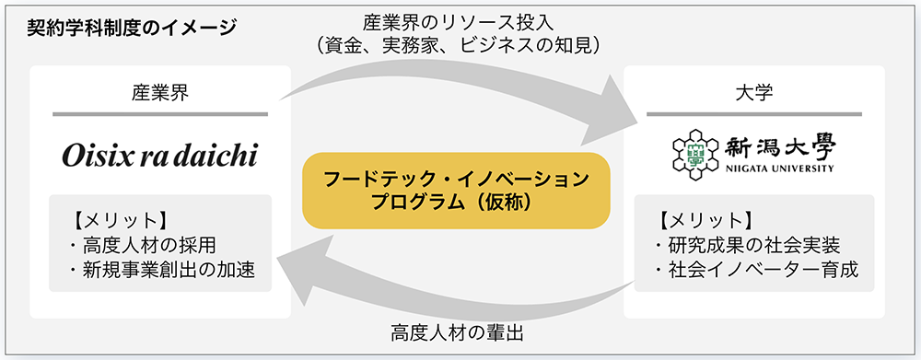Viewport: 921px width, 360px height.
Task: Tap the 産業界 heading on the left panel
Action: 160,90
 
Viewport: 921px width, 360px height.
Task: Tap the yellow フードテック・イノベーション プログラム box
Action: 457,190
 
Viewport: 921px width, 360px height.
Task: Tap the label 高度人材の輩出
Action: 457,331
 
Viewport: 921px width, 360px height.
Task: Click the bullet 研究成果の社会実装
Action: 746,246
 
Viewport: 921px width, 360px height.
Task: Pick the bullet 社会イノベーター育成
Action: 755,270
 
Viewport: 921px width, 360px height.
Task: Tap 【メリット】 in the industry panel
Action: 117,220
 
